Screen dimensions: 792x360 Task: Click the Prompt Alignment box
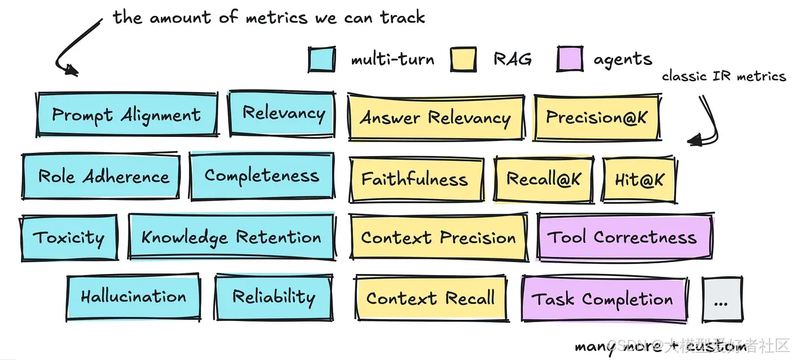pos(127,115)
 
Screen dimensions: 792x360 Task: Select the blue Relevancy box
pos(282,114)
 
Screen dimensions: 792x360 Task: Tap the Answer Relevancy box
pos(435,118)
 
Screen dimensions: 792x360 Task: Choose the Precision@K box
pos(596,118)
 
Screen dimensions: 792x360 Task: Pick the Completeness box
pos(261,176)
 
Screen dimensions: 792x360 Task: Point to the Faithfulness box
pos(415,179)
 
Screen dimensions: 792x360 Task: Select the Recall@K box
pos(543,179)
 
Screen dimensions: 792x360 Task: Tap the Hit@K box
pos(639,180)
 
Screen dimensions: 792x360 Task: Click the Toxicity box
pos(69,238)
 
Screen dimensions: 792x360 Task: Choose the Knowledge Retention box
pos(231,237)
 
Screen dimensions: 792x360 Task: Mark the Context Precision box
pos(438,238)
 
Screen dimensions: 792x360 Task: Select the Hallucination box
pos(134,297)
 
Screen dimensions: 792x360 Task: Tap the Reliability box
pos(274,297)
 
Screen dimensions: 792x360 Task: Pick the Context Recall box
pos(430,298)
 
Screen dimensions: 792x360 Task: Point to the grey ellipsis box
pos(721,300)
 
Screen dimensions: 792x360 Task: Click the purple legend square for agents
pos(570,59)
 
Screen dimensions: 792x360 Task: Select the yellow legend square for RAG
pos(463,59)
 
